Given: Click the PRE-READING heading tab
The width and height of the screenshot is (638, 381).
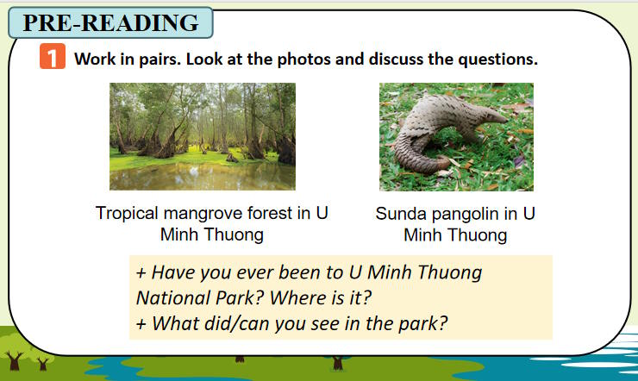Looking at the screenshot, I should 110,23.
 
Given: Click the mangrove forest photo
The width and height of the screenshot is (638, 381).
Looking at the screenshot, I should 202,136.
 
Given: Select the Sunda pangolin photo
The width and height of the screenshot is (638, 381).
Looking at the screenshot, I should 456,136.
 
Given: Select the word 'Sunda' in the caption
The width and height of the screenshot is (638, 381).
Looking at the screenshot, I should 401,213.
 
